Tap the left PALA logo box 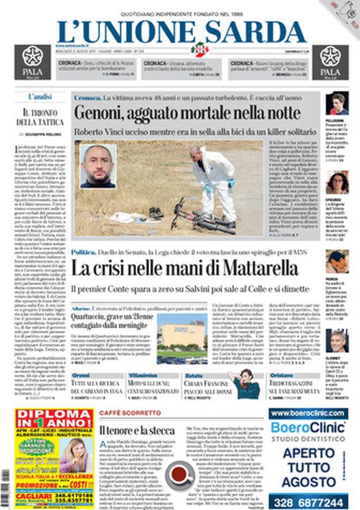coord(33,62)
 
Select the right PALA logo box coord(330,62)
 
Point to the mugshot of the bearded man coord(98,166)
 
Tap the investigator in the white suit coord(216,182)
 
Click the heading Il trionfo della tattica coord(40,118)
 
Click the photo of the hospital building coord(182,338)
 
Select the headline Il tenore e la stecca coord(137,431)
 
